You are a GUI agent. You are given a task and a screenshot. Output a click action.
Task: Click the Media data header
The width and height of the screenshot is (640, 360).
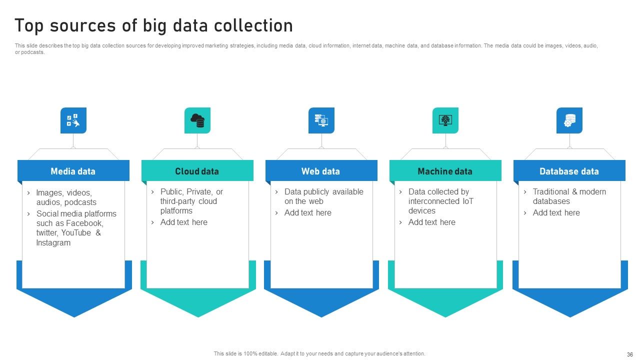tap(73, 171)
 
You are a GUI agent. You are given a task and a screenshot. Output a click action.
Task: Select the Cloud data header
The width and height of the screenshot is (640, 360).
tap(197, 171)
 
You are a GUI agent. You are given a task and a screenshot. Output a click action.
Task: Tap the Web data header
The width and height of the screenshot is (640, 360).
tap(321, 171)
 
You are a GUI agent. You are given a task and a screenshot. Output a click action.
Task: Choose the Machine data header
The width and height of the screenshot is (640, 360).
tap(445, 171)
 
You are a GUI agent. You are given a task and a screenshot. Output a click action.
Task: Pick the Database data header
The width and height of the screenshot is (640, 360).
tap(569, 171)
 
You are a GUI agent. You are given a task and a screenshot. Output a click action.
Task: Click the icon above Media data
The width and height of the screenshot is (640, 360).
tap(73, 120)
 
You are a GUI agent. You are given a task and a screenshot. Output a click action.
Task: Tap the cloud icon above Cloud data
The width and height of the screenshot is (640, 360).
tap(197, 120)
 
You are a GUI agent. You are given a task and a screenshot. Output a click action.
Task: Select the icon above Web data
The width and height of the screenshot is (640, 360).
tap(321, 120)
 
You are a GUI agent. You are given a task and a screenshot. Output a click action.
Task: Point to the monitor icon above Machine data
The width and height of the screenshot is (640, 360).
tap(445, 120)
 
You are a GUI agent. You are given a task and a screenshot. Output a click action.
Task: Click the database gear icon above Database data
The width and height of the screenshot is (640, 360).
tap(569, 120)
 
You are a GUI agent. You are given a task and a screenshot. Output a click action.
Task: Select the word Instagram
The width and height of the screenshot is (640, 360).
tap(53, 242)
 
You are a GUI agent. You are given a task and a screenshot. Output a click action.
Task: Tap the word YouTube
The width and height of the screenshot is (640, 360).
tap(76, 233)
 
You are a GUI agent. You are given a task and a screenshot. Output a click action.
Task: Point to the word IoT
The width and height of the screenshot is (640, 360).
tap(468, 201)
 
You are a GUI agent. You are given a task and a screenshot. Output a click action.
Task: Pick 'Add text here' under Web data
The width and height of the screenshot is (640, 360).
tap(307, 212)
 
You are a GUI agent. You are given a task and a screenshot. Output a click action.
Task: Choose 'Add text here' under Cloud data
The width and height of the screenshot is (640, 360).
tap(183, 222)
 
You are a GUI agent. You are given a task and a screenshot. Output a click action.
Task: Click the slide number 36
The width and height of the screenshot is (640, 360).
tap(629, 354)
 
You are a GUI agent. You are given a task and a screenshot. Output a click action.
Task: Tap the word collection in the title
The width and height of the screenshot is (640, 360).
tap(253, 25)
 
